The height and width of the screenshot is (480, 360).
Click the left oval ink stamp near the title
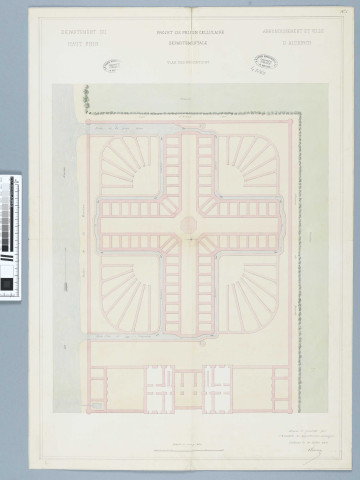click(x=111, y=66)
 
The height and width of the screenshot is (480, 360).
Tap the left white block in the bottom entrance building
click(x=160, y=385)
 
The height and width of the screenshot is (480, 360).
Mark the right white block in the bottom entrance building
click(x=219, y=385)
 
